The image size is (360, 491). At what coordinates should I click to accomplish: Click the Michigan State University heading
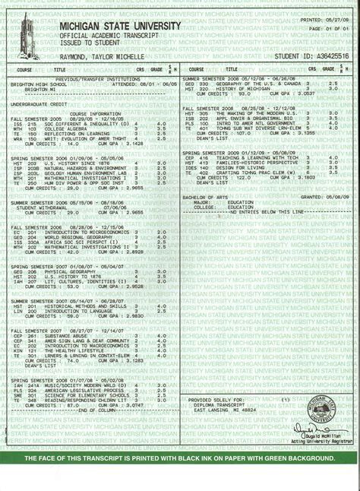[x=120, y=27]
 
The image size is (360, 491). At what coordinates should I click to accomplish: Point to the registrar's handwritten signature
[x=319, y=434]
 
